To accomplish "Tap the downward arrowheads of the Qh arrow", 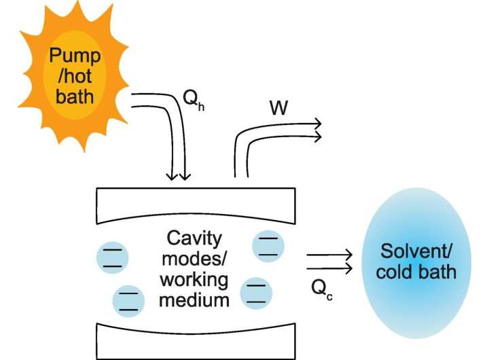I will tap(179, 176).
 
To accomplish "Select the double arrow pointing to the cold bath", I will tap(329, 263).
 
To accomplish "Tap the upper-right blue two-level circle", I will tap(268, 246).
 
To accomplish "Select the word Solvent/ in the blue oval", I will tap(417, 252).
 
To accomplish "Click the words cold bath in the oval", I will tap(417, 272).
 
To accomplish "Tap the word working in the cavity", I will tap(192, 280).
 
